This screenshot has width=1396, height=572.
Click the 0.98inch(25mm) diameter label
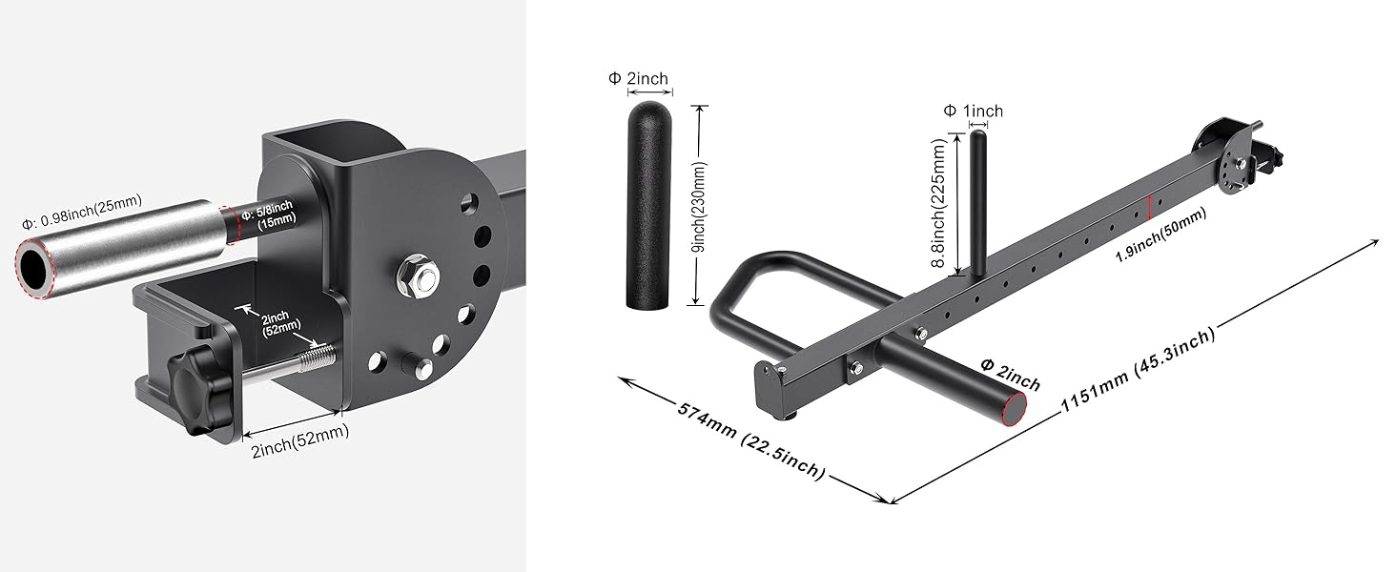82,201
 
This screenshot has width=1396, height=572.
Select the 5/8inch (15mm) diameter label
271,214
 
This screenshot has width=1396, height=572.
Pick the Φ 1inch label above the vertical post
973,111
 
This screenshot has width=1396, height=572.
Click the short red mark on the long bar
1153,203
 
